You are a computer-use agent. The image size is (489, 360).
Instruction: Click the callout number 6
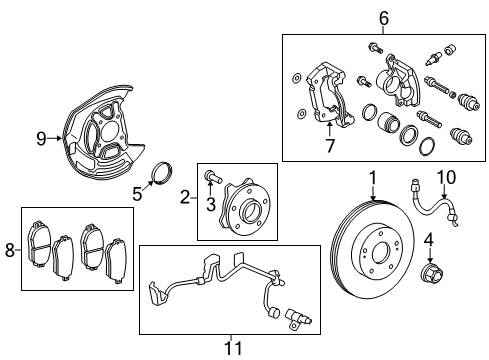(x=384, y=18)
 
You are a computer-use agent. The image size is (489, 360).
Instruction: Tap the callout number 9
(x=41, y=138)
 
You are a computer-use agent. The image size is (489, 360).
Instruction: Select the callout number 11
(x=233, y=348)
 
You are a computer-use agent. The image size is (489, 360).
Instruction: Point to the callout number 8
(x=10, y=250)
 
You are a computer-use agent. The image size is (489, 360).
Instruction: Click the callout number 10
(x=446, y=177)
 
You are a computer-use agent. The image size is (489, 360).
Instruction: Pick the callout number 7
(x=330, y=145)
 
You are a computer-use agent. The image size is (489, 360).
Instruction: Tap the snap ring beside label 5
(x=162, y=173)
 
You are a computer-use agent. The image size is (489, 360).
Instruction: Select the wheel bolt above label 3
(x=212, y=176)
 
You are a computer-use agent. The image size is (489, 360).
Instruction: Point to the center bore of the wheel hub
(x=249, y=210)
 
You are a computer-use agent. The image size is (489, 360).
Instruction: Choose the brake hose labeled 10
(x=434, y=204)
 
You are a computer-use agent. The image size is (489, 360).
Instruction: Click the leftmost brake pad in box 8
(x=39, y=244)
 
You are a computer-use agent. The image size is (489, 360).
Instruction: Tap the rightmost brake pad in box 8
(x=116, y=262)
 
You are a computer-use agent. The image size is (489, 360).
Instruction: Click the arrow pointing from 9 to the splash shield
(x=54, y=138)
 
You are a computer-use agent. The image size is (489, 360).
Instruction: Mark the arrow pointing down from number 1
(x=373, y=193)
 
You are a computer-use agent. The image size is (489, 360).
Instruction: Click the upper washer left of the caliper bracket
(x=296, y=79)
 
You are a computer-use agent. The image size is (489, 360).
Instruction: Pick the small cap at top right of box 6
(x=450, y=49)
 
